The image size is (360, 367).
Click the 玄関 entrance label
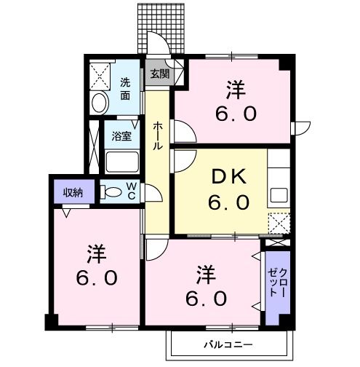159,74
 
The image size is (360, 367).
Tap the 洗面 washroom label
126,88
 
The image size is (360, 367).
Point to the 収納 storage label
72,192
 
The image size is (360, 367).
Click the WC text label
132,192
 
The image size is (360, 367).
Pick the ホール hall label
157,135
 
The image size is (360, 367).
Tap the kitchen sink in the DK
279,194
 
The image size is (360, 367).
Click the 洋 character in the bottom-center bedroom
206,275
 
